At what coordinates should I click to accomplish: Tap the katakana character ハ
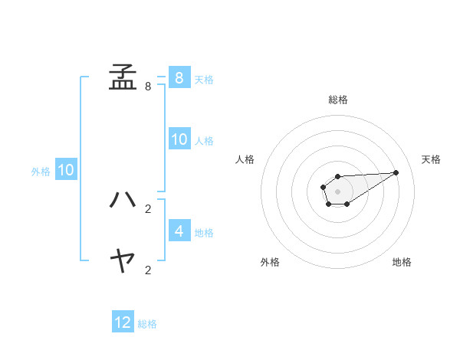pyautogui.click(x=123, y=200)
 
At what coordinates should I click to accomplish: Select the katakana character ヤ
pyautogui.click(x=123, y=262)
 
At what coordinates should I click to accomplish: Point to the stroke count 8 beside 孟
pyautogui.click(x=148, y=87)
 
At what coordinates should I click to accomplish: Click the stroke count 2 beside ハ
pyautogui.click(x=148, y=208)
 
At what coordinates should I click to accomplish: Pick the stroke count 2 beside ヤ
pyautogui.click(x=148, y=270)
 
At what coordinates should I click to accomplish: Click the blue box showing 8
pyautogui.click(x=179, y=77)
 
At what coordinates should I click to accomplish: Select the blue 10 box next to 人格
pyautogui.click(x=179, y=139)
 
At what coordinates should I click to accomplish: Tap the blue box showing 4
pyautogui.click(x=179, y=231)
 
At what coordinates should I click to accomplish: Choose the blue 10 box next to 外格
pyautogui.click(x=66, y=170)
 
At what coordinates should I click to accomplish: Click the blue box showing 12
pyautogui.click(x=123, y=322)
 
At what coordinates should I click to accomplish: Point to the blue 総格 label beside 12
pyautogui.click(x=147, y=324)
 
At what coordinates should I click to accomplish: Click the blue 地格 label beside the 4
pyautogui.click(x=204, y=232)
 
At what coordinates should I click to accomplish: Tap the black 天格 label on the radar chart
pyautogui.click(x=432, y=159)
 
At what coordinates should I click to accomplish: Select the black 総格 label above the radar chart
pyautogui.click(x=338, y=100)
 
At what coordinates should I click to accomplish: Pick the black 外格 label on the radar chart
pyautogui.click(x=270, y=262)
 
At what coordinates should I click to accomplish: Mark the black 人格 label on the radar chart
pyautogui.click(x=245, y=159)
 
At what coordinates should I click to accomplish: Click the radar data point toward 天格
pyautogui.click(x=396, y=172)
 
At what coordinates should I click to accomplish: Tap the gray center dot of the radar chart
pyautogui.click(x=337, y=191)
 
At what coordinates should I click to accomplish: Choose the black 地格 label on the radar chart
pyautogui.click(x=402, y=262)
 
